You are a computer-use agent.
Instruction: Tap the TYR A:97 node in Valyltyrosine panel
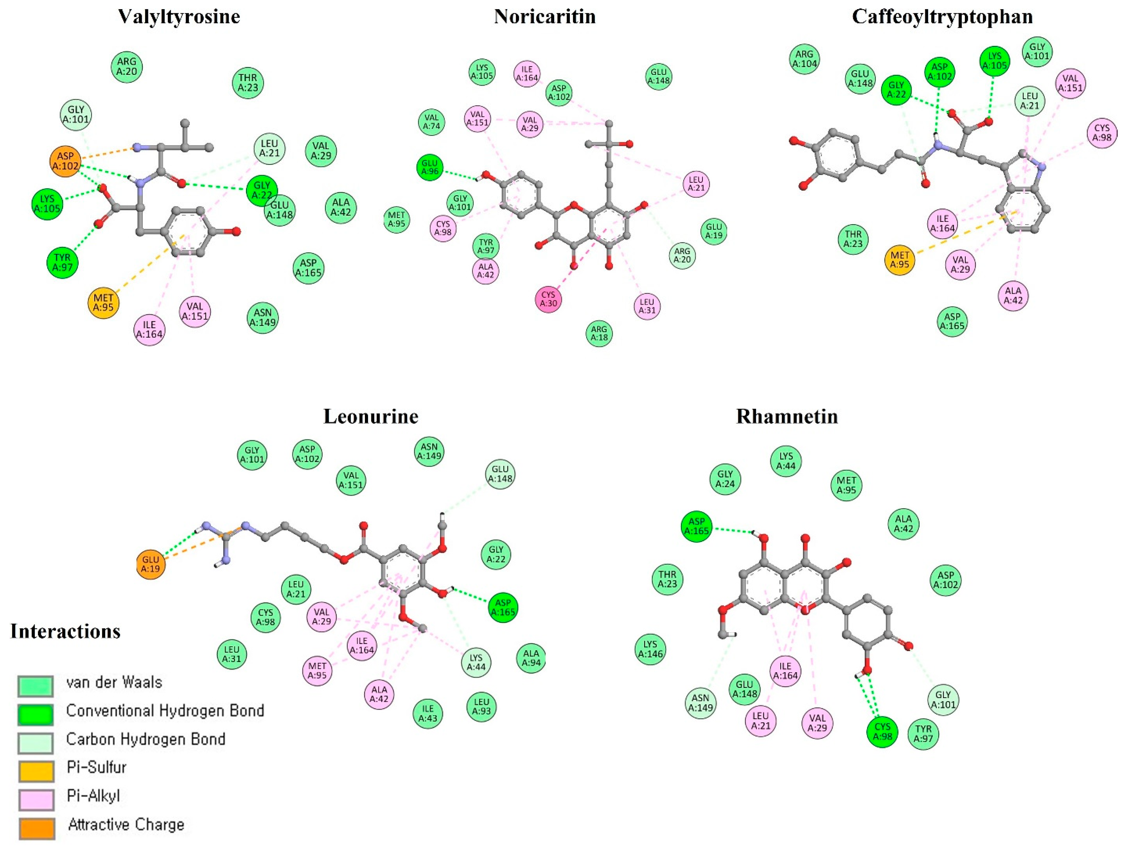[62, 262]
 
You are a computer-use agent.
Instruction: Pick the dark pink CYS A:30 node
[548, 298]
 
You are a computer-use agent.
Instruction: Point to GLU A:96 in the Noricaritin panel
[430, 167]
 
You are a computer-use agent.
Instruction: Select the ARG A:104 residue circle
[804, 59]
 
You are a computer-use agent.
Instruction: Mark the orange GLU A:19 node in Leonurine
[151, 564]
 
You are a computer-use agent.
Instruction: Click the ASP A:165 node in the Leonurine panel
[503, 607]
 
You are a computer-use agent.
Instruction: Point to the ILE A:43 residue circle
[428, 713]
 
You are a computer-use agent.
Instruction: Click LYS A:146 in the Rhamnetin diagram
[650, 649]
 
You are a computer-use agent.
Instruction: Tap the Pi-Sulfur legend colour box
[36, 771]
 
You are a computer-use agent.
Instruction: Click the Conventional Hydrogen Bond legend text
[165, 711]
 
